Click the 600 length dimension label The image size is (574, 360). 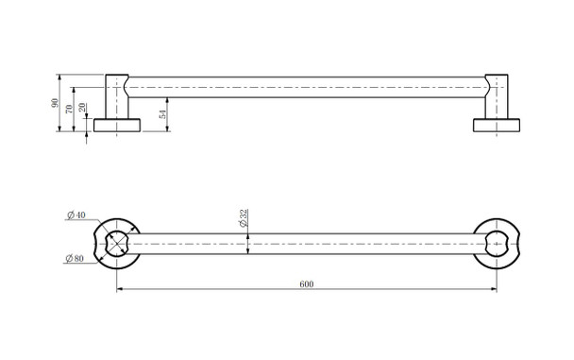[307, 283]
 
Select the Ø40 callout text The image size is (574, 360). [76, 216]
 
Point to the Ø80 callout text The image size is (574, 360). [76, 257]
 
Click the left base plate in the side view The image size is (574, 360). [118, 125]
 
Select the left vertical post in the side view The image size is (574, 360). [117, 94]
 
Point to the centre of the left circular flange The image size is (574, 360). [117, 243]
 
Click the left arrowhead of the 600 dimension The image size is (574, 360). [120, 290]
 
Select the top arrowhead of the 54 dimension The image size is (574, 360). [168, 98]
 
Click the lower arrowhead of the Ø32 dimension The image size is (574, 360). [248, 255]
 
